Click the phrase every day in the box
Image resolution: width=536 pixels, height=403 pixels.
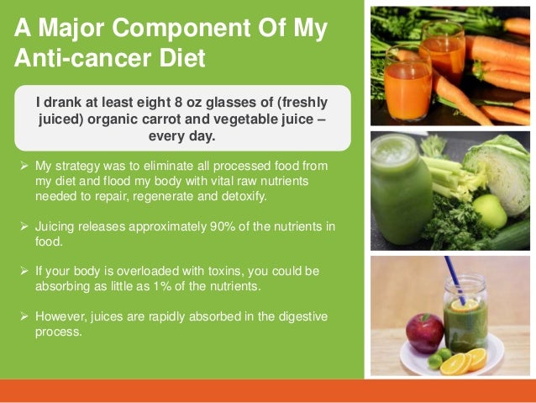pos(181,135)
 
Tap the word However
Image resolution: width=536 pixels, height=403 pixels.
pos(61,316)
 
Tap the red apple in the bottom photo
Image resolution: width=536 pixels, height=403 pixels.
pos(424,331)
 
